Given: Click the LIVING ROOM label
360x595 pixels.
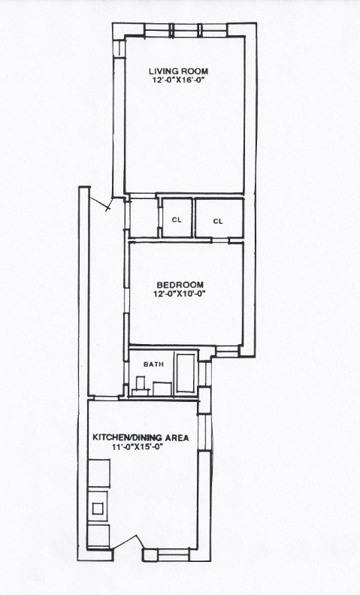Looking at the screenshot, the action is tap(178, 71).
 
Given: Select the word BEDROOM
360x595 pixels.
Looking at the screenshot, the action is tap(180, 285).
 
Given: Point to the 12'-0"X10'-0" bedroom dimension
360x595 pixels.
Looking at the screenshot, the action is tap(180, 293).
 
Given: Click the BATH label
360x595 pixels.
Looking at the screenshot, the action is tap(154, 364).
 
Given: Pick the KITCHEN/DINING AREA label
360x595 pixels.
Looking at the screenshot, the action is tap(141, 438).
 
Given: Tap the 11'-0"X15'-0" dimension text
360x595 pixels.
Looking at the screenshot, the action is tap(137, 447).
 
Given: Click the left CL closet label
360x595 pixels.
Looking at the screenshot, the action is tap(177, 219).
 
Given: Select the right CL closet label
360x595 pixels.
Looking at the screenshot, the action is tap(218, 221).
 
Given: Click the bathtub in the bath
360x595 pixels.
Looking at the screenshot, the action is tap(186, 373).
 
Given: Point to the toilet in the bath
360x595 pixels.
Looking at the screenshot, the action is tap(141, 386).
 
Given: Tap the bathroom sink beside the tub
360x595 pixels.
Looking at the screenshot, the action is tap(162, 389).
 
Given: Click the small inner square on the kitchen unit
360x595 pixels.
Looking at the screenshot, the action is tap(98, 509).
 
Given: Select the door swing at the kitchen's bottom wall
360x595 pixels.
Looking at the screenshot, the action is tap(129, 541).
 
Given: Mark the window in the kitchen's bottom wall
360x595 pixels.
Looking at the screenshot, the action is tap(173, 554).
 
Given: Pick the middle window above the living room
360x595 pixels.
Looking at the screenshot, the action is tap(186, 30).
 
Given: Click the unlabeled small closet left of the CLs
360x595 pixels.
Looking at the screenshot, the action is tap(144, 218).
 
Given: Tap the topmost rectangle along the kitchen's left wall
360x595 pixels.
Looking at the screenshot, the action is tap(98, 473).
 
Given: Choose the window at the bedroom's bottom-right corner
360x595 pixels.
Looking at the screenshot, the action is tap(227, 351).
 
